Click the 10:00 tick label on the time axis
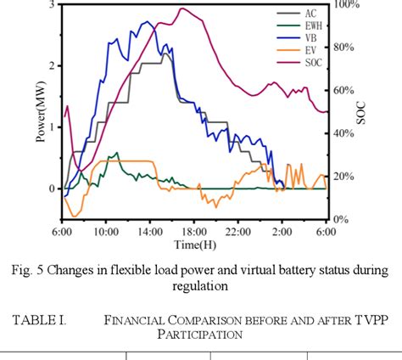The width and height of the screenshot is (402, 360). tap(106, 231)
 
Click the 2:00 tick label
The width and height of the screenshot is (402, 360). tap(282, 231)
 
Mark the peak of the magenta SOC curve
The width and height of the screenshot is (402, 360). tap(182, 8)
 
